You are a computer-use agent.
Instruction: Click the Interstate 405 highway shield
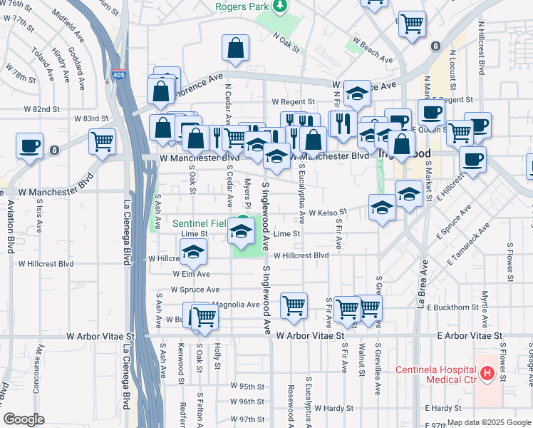pos(119,73)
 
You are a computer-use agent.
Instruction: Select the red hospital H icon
pos(487,373)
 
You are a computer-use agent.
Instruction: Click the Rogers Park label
pos(244,6)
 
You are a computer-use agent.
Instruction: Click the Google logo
pos(24,419)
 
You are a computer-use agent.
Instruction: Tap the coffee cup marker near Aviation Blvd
pos(30,146)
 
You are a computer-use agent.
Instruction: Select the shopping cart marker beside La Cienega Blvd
pos(103,141)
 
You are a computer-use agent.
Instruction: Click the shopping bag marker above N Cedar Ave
pos(235,49)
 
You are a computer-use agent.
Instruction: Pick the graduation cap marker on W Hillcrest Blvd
pos(193,252)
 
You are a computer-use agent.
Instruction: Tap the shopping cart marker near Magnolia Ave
pos(205,315)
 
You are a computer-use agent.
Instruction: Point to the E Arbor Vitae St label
pos(470,335)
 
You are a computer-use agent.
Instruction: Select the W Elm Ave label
pos(191,274)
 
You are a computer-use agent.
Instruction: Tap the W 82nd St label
pos(41,109)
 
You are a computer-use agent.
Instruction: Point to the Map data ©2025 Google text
pos(488,422)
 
